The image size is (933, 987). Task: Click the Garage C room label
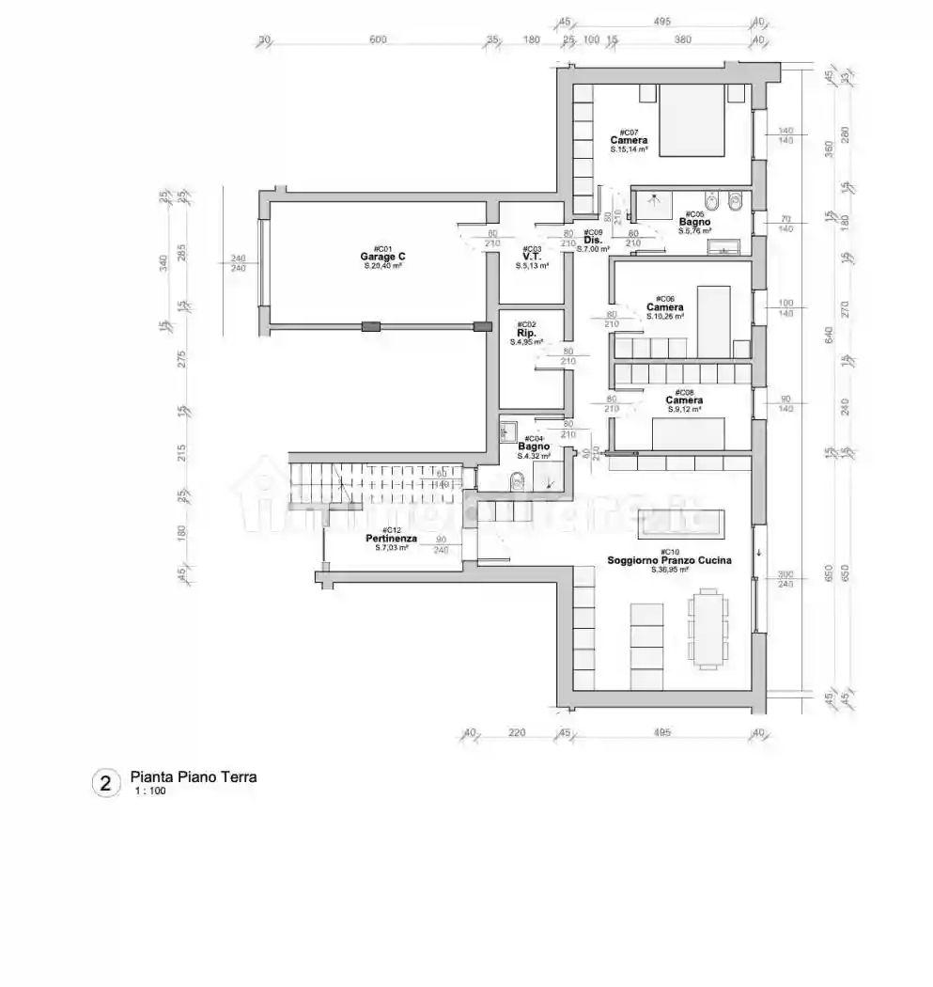point(381,257)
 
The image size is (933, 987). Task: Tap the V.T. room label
point(531,257)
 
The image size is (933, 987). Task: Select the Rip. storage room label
point(526,333)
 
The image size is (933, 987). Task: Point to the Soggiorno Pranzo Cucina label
point(669,560)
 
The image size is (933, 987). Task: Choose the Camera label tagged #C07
point(629,140)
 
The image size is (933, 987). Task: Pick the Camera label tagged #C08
point(684,400)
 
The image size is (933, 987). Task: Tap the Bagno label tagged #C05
point(695,222)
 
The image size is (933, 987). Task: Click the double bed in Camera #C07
point(691,120)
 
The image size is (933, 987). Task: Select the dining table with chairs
point(708,627)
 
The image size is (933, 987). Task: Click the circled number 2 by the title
point(106,783)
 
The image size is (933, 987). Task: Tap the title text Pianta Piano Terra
point(193,777)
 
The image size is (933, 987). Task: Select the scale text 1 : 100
point(150,791)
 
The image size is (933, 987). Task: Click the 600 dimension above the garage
point(377,39)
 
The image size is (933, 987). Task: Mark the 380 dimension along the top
point(682,39)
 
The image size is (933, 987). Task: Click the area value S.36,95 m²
point(669,570)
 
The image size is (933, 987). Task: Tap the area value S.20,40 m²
point(381,266)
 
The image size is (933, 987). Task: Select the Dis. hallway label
point(592,240)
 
